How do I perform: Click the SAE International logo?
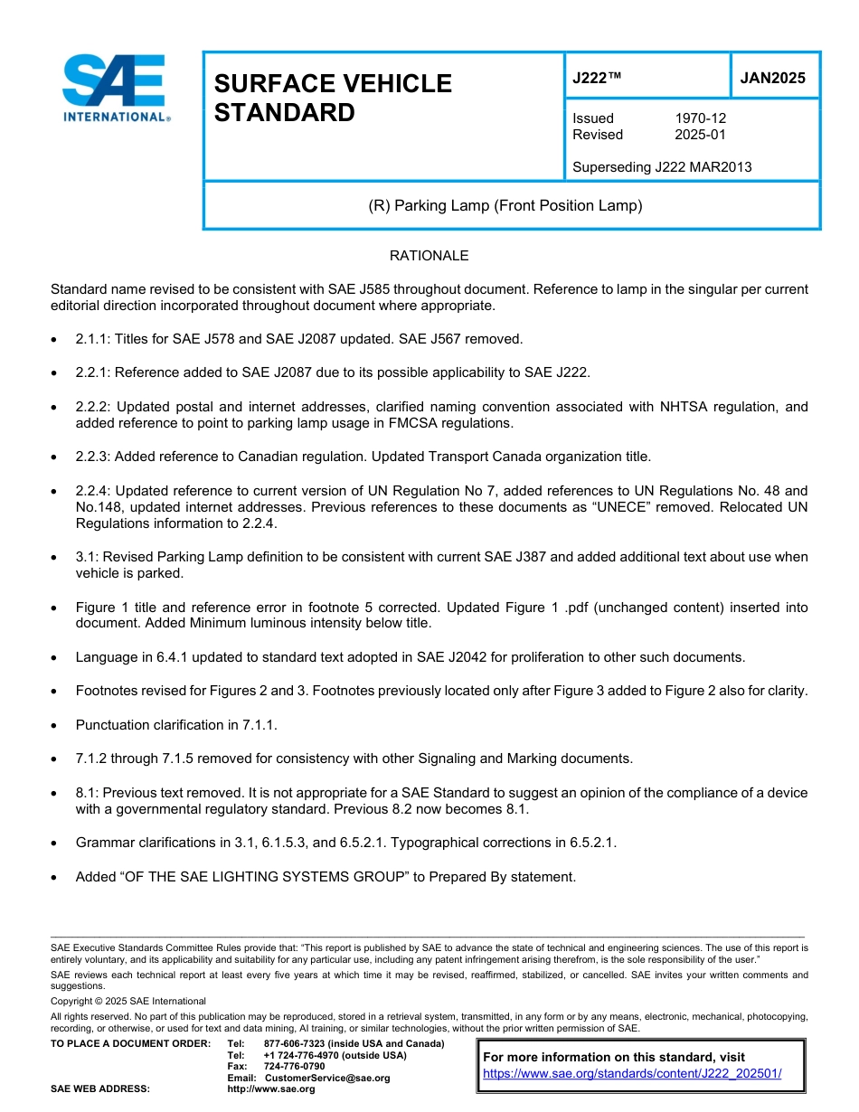[x=116, y=88]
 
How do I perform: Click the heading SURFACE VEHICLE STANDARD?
[x=332, y=98]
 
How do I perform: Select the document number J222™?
[x=597, y=78]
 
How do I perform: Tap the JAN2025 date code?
[x=773, y=78]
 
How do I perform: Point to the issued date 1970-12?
[x=700, y=118]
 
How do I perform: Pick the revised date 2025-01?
[x=700, y=135]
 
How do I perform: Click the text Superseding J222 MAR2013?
[x=662, y=167]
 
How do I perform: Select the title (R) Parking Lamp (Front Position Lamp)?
[x=505, y=205]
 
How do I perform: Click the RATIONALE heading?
[x=429, y=256]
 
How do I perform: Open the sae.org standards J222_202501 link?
[x=632, y=1074]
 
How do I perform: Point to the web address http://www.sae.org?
[x=270, y=1088]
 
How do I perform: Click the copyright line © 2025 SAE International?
[x=128, y=1001]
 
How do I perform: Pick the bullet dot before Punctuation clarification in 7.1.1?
[x=56, y=725]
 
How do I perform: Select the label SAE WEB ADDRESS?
[x=100, y=1088]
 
